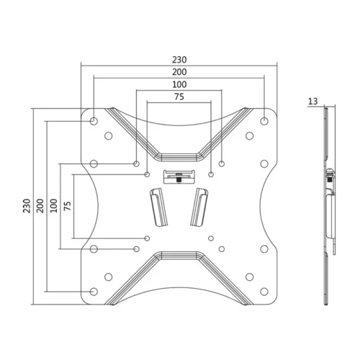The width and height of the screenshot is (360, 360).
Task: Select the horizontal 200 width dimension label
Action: [179, 72]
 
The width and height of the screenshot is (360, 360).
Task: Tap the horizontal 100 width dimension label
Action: [179, 85]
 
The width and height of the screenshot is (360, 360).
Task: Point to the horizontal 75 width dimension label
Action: [179, 97]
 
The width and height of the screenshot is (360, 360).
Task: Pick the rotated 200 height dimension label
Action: [42, 205]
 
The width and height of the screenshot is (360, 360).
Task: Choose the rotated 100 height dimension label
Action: [55, 205]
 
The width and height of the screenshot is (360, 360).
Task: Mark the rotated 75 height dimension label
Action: [68, 205]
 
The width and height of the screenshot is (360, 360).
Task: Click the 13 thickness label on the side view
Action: [312, 102]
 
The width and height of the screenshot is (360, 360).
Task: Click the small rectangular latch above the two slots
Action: [178, 175]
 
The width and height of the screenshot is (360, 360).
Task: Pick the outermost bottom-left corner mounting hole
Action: [94, 291]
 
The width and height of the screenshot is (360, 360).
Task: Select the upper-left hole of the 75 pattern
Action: [148, 174]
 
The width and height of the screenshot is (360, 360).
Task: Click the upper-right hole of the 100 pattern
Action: [221, 164]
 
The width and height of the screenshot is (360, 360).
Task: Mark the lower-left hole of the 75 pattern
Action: [148, 238]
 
